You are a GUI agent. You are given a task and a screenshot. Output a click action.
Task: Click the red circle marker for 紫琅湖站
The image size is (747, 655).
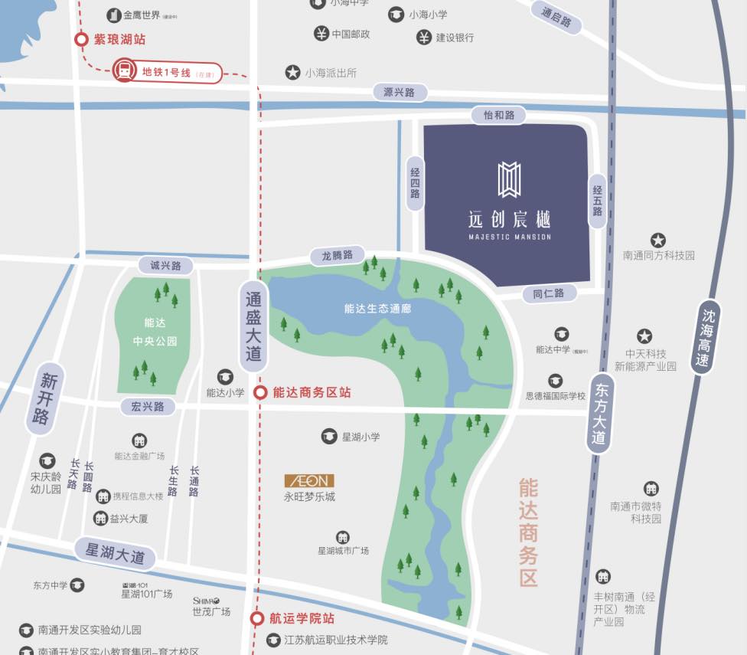[x=81, y=39]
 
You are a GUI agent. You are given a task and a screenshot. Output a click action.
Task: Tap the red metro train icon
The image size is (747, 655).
[x=123, y=72]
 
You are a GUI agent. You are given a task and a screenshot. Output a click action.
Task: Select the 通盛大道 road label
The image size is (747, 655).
[x=253, y=327]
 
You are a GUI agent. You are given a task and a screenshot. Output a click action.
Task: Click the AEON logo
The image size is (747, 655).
[x=309, y=480]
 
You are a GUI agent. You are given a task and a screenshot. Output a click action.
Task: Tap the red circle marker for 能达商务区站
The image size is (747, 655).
[x=260, y=392]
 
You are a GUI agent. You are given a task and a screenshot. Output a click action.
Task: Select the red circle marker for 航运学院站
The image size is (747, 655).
[x=258, y=618]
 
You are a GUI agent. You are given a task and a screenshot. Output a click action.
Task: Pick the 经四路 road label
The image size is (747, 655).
[x=414, y=183]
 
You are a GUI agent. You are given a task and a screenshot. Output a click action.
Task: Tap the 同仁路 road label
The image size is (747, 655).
[x=549, y=293]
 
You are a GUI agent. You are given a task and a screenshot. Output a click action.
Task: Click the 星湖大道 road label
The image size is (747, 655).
[x=115, y=553]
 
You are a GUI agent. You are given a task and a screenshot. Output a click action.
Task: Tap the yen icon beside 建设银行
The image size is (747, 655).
[x=424, y=37]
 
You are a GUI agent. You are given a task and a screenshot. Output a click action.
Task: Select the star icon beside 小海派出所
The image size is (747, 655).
[x=292, y=73]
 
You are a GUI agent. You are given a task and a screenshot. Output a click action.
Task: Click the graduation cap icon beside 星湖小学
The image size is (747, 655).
[x=329, y=437]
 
